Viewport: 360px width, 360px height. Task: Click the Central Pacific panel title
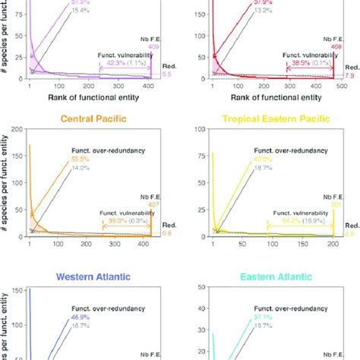[91, 118]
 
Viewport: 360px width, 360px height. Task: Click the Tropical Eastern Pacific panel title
[270, 118]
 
